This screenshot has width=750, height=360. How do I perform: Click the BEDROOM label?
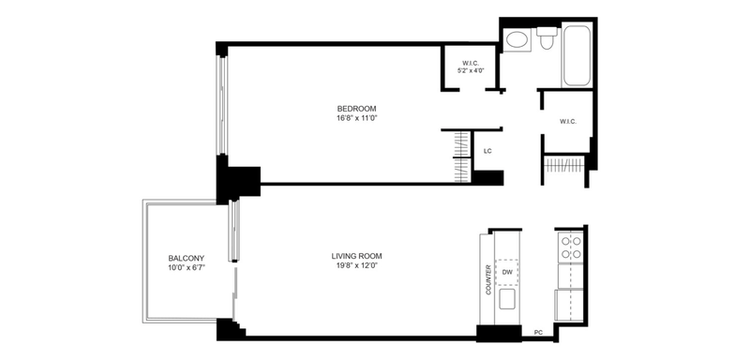[356, 109]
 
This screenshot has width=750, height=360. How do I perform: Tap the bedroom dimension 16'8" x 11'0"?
[356, 118]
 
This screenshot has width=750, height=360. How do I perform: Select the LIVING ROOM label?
[356, 256]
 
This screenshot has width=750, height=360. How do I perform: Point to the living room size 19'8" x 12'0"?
[356, 265]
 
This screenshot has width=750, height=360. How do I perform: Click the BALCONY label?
[186, 258]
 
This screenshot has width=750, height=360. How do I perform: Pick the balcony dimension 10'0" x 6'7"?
[186, 268]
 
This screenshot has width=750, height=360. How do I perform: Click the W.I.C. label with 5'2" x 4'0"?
[471, 63]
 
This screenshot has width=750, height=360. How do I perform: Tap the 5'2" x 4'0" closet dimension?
[471, 70]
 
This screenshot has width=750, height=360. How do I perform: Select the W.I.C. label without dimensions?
[568, 122]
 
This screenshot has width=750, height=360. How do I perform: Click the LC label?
[487, 152]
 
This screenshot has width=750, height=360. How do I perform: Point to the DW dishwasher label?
[507, 273]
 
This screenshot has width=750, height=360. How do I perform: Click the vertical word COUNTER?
[488, 279]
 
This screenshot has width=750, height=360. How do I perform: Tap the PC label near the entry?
[538, 331]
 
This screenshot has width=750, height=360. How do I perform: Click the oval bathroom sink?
[517, 40]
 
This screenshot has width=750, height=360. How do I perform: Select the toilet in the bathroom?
[547, 37]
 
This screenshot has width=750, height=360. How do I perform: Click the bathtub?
[577, 55]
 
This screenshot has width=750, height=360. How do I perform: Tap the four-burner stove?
[571, 247]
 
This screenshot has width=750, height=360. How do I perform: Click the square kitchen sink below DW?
[507, 299]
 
